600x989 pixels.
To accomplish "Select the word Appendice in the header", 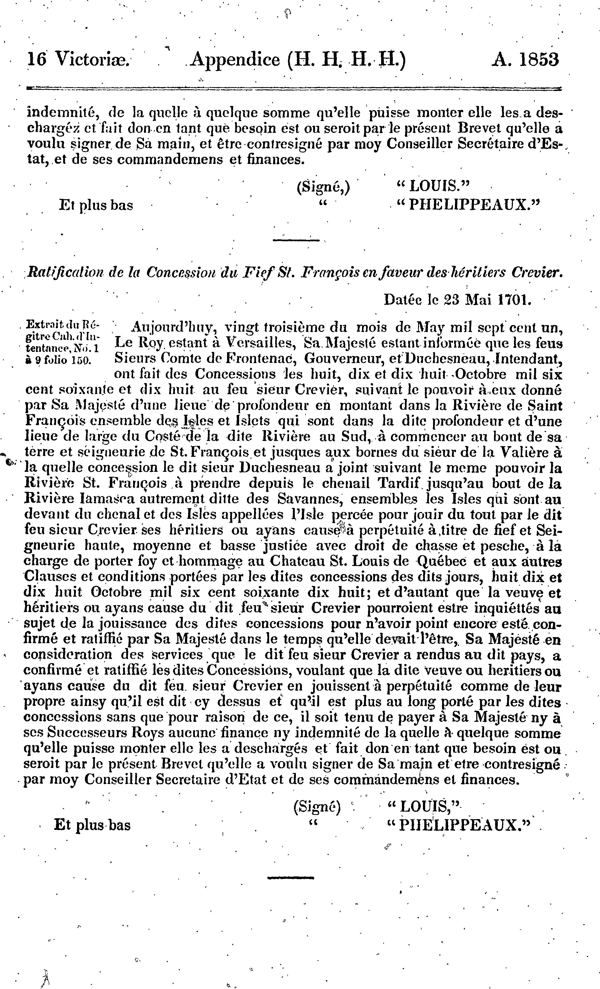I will pos(235,60).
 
